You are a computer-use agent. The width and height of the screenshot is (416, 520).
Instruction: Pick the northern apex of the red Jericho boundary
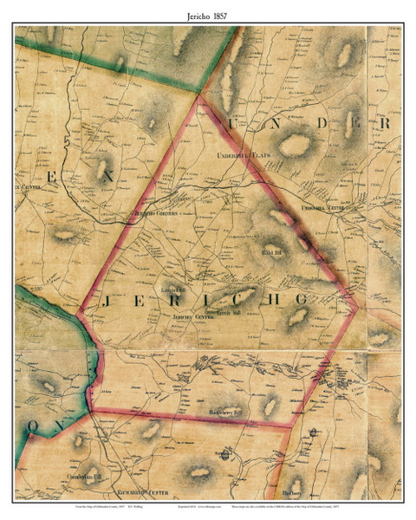pos(200,98)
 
